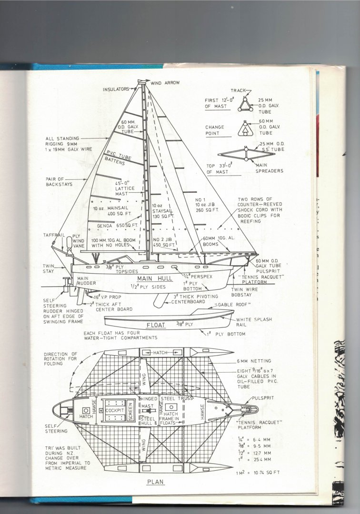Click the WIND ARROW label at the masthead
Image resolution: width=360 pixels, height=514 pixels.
[x=165, y=83]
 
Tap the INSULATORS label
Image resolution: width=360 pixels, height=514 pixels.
[x=116, y=89]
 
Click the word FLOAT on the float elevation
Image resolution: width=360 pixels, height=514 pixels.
[x=156, y=326]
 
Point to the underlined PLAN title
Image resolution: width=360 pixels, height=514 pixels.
[x=155, y=481]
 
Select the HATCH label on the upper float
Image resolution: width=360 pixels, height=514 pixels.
[x=162, y=352]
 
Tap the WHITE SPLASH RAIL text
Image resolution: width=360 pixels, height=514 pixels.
[x=254, y=322]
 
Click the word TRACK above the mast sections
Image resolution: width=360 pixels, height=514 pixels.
[x=239, y=89]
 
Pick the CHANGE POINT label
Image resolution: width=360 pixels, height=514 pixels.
[x=214, y=130]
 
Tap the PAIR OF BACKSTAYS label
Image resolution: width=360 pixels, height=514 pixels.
[x=59, y=182]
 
